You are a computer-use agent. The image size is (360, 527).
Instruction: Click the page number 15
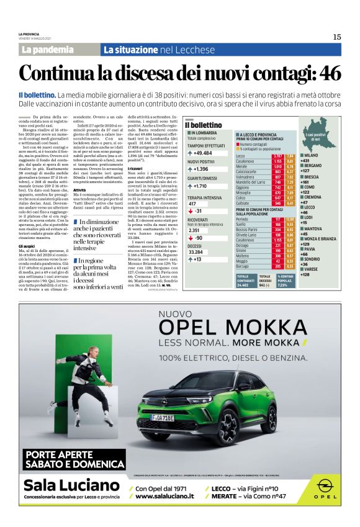(336, 37)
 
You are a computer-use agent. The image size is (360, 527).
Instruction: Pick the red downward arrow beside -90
(191, 238)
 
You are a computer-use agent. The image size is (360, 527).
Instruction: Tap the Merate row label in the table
(244, 166)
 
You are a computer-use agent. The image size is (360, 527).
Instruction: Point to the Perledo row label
(245, 220)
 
